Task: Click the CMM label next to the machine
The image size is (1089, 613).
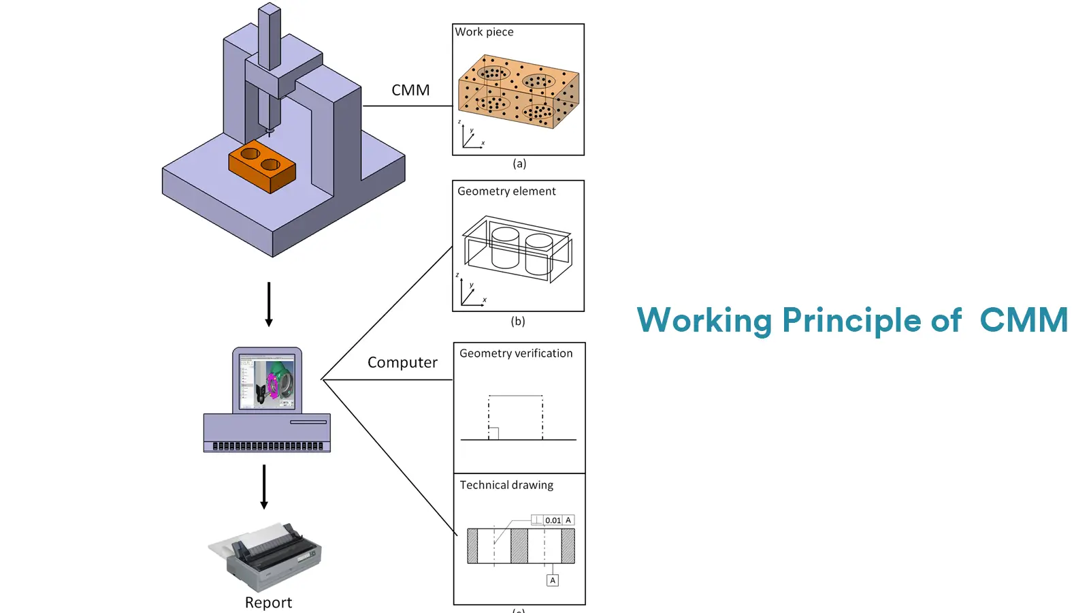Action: tap(410, 91)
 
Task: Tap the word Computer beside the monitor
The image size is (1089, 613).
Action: tap(402, 362)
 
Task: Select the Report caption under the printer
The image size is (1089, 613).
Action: tap(268, 603)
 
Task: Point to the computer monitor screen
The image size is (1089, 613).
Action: tap(267, 381)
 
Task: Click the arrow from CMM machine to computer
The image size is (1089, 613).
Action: tap(269, 304)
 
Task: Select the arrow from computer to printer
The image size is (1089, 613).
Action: tap(264, 486)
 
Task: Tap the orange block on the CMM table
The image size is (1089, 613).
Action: tap(262, 168)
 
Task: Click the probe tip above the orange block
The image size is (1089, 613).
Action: tap(270, 131)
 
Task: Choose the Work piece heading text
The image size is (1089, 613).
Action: tap(484, 32)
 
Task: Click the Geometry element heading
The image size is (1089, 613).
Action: tap(506, 191)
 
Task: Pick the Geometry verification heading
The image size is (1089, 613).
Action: tap(516, 353)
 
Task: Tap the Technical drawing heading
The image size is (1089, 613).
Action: tap(506, 485)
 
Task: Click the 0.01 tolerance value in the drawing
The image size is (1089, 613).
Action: tap(553, 520)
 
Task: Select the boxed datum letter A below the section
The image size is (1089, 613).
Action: tap(553, 580)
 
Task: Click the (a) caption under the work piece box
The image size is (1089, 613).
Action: tap(519, 163)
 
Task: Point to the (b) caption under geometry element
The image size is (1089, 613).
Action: tap(518, 321)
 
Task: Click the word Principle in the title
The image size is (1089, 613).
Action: tap(851, 320)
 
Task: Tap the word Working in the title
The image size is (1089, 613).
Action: tap(704, 320)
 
